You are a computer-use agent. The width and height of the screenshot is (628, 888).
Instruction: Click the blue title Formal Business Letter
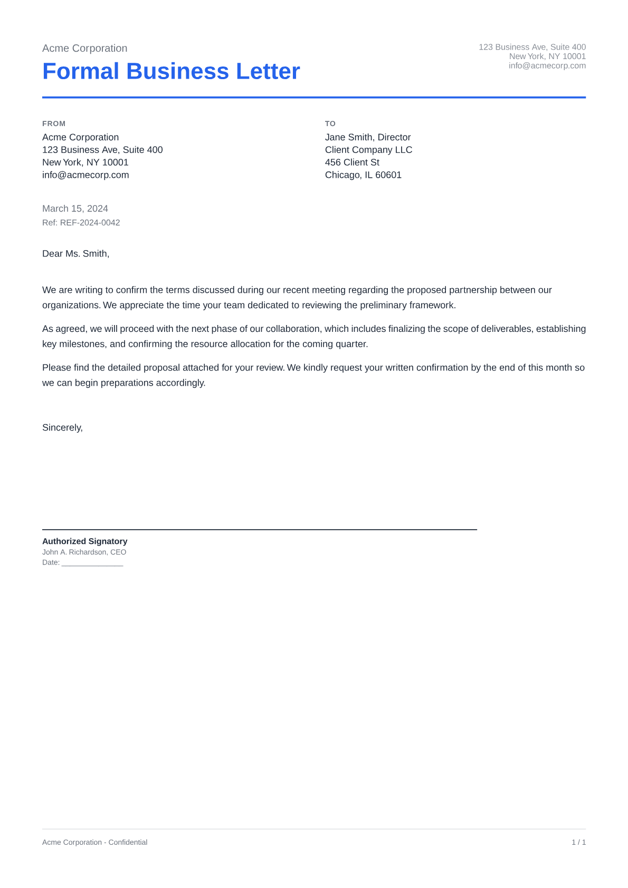171,71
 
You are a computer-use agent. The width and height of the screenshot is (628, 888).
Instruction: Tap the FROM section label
54,123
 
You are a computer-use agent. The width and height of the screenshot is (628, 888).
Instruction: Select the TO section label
330,123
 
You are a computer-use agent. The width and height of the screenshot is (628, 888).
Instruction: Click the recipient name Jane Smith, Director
367,137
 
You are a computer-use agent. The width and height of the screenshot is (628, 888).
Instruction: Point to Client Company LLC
368,150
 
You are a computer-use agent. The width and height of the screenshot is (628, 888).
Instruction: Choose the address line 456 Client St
352,163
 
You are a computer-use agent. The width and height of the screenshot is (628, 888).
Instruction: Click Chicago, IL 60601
363,175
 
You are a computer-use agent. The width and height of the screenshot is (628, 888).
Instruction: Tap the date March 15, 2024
75,209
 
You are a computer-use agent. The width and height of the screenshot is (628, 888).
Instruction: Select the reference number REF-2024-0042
90,223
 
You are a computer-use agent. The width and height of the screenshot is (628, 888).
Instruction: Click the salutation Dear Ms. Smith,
75,254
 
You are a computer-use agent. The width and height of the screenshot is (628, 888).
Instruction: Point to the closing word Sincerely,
62,428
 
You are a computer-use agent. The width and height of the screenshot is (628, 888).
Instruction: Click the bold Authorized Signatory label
84,541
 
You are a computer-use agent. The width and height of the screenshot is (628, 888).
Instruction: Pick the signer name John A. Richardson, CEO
84,552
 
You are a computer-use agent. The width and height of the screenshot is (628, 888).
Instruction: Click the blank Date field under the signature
92,563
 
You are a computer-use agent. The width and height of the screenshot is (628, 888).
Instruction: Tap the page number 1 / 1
578,843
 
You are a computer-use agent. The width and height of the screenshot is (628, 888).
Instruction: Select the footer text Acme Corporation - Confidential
94,843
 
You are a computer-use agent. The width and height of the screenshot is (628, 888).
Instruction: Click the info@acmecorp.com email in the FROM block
85,175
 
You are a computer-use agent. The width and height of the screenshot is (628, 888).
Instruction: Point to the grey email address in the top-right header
547,66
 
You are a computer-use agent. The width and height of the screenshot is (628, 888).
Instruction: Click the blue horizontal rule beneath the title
314,98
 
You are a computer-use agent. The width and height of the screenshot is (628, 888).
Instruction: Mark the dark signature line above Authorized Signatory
259,529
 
